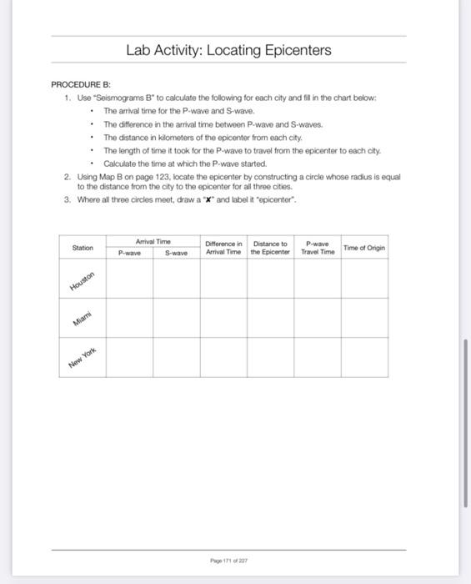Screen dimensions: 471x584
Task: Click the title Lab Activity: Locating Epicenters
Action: coord(228,51)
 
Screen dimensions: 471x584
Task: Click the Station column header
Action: coord(83,247)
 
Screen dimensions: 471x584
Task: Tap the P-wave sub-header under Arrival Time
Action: coord(129,251)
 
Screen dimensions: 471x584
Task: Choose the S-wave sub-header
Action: coord(176,251)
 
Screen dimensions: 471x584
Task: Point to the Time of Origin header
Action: coord(364,247)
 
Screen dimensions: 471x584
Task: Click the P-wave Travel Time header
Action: coord(317,247)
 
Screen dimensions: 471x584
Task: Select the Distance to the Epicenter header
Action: coord(270,247)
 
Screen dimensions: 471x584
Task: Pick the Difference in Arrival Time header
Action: coord(223,247)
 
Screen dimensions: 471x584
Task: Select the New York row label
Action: coord(83,358)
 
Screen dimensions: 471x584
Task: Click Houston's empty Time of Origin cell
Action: coord(364,279)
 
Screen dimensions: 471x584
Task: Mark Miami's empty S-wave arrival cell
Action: coord(176,318)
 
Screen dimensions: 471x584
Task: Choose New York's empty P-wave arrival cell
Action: coord(129,357)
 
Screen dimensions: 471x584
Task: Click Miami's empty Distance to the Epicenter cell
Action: coord(270,318)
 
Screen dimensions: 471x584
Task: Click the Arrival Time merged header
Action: coord(153,241)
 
